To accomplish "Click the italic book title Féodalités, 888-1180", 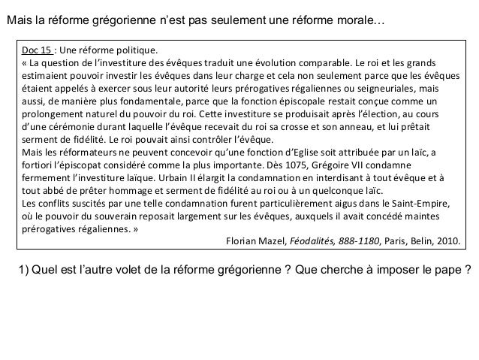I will pyautogui.click(x=336, y=241).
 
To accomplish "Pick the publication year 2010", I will pyautogui.click(x=450, y=241).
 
